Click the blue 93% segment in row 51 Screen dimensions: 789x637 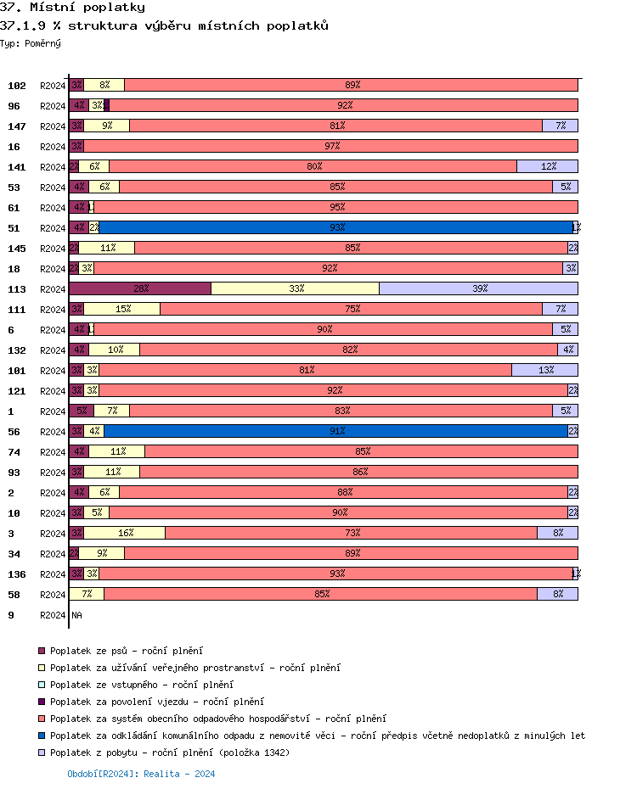tap(336, 227)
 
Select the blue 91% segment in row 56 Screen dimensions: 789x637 tap(336, 431)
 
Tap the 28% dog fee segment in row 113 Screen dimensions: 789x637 tap(140, 288)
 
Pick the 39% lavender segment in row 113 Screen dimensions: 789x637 tap(478, 288)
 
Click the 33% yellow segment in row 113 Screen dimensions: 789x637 tap(296, 288)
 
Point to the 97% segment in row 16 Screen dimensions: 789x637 tap(331, 146)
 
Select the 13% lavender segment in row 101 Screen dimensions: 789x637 tap(544, 370)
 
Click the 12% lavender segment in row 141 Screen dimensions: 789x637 tap(547, 166)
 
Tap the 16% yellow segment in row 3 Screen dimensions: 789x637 tap(125, 533)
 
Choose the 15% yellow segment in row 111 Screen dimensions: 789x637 tap(122, 309)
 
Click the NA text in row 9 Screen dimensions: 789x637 tap(76, 614)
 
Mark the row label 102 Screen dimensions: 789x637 tap(17, 85)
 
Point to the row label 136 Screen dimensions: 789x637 tap(17, 574)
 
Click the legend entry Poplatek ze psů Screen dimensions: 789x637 tap(126, 651)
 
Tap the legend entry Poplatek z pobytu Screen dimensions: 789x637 tap(169, 753)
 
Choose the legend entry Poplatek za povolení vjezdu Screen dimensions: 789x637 tap(156, 702)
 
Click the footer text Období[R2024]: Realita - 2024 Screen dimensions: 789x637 tap(141, 774)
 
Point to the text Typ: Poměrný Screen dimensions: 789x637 tap(31, 42)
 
